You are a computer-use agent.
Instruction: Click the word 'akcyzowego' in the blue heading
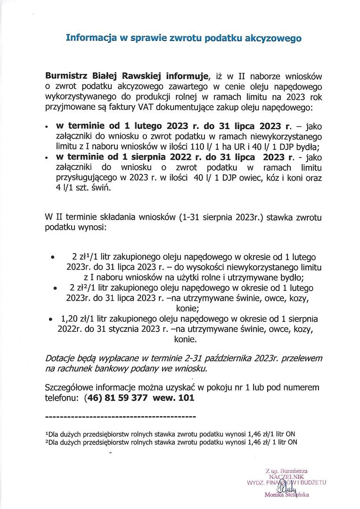pos(274,38)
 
